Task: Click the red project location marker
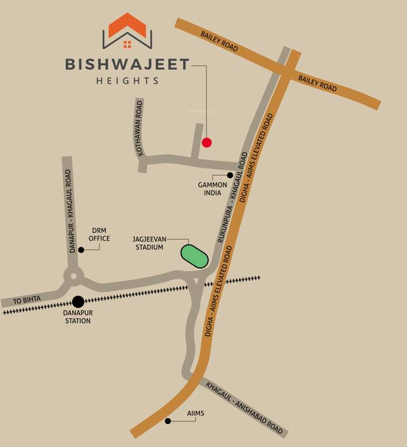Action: [206, 142]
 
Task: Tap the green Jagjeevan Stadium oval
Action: [194, 256]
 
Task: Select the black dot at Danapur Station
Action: [78, 301]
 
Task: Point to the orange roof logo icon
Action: [127, 30]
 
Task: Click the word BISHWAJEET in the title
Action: [127, 64]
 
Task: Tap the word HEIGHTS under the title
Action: [127, 81]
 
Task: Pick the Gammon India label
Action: [209, 189]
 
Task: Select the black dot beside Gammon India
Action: [230, 175]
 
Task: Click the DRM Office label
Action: [99, 235]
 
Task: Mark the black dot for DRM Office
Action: [81, 250]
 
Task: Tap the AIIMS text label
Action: [195, 414]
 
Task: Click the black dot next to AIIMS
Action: [168, 421]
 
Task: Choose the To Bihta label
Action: [28, 300]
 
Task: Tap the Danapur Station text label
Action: [77, 317]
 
